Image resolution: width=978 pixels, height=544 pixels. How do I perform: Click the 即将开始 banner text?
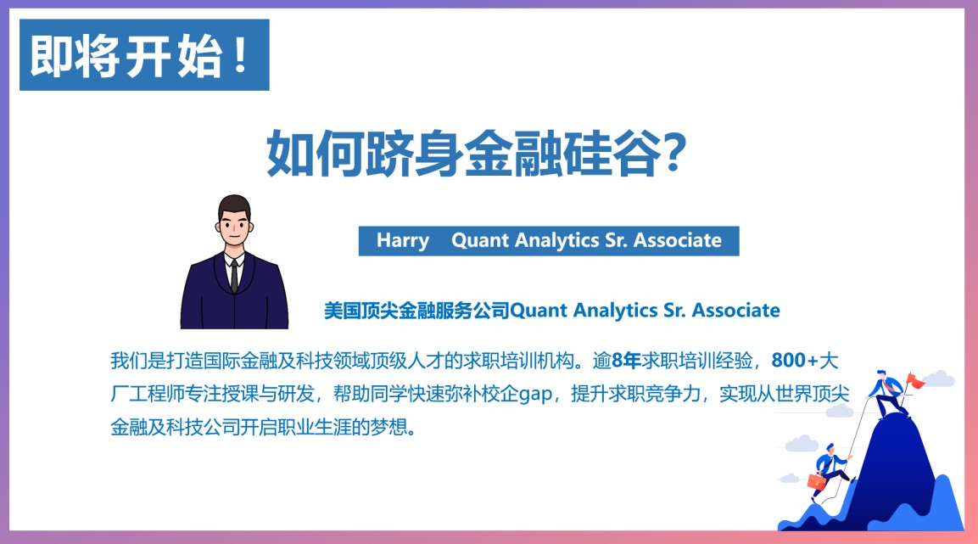tap(126, 56)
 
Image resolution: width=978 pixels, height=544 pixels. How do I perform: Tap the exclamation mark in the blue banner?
tap(240, 56)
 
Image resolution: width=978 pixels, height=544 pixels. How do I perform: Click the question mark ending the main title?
tap(673, 152)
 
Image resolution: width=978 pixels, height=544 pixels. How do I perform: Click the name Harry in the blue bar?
tap(403, 241)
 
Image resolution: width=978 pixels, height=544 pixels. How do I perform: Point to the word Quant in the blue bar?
tap(479, 240)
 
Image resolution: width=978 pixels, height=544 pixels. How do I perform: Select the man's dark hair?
tap(234, 207)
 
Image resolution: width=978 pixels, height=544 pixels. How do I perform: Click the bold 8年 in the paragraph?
tap(627, 361)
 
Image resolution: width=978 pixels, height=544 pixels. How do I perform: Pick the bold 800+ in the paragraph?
tap(795, 361)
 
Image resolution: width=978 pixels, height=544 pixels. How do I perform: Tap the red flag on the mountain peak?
tap(914, 380)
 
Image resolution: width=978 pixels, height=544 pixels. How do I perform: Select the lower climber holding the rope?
tap(830, 471)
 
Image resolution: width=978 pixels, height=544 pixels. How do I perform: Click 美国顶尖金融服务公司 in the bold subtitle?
tap(416, 311)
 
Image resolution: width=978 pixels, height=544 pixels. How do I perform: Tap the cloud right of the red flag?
tap(939, 379)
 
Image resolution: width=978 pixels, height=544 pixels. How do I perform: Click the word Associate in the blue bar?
tap(678, 240)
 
